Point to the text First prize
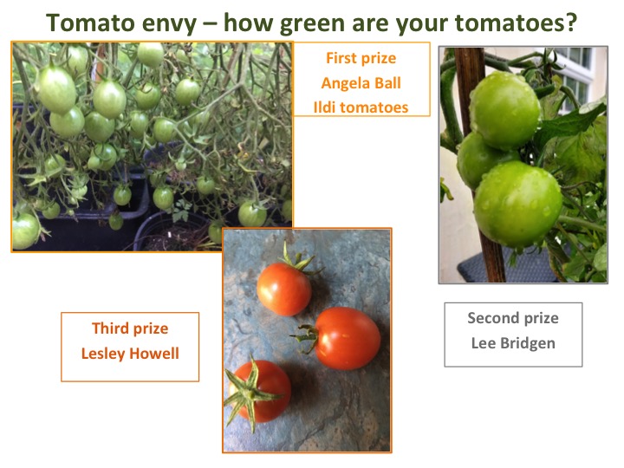click(x=361, y=58)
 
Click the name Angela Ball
click(x=361, y=83)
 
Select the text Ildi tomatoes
click(x=361, y=107)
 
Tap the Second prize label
click(x=513, y=318)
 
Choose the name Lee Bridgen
click(x=513, y=343)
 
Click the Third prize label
click(x=130, y=328)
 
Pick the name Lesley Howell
click(x=130, y=354)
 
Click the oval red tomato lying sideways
click(x=346, y=338)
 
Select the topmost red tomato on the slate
click(x=283, y=289)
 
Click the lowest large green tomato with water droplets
click(x=517, y=204)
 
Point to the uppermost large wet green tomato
click(x=504, y=110)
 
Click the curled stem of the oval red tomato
click(x=307, y=338)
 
